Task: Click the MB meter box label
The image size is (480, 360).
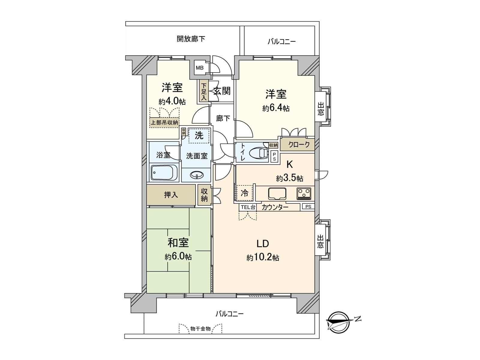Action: (199, 68)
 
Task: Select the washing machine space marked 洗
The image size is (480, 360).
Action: (199, 136)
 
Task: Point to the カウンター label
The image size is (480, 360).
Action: (275, 207)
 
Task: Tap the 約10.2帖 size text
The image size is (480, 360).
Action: (263, 257)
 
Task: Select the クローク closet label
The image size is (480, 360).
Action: (299, 145)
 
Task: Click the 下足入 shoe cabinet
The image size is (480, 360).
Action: (204, 91)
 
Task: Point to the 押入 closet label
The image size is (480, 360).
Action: (171, 195)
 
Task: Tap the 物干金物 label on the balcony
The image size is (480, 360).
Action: (200, 329)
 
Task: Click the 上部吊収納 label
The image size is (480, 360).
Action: (164, 122)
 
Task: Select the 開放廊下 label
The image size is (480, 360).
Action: (191, 39)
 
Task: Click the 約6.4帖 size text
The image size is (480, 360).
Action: (276, 108)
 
